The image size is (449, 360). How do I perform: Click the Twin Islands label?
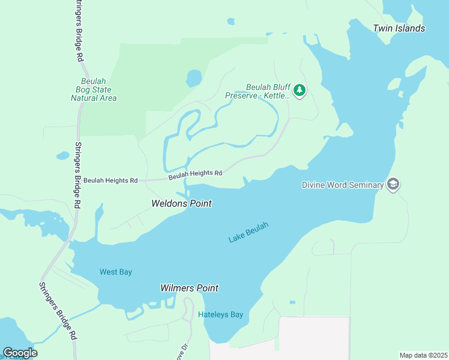pos(399,28)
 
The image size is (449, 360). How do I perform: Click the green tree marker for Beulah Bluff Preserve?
pos(300,91)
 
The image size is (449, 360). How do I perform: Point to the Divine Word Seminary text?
pos(342,185)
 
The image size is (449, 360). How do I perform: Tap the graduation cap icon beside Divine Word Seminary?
pos(393,184)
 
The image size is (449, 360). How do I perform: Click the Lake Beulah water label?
pos(248,232)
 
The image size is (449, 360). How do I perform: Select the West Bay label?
pos(116,272)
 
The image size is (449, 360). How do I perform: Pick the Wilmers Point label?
pos(189,288)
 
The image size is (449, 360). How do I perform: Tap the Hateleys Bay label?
pos(220,314)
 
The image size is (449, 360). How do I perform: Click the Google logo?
pos(20,353)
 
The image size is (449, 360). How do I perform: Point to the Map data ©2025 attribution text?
pos(423,355)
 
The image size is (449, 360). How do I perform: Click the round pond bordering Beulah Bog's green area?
pos(194,78)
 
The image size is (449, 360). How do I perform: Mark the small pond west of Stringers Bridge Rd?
pos(62,155)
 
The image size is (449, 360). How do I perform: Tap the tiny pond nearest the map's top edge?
pos(231,22)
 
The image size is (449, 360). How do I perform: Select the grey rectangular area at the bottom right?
pos(315,337)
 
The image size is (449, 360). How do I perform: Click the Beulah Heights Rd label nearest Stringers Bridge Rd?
pos(110,180)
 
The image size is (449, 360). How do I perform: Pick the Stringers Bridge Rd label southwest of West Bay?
pos(58,312)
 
